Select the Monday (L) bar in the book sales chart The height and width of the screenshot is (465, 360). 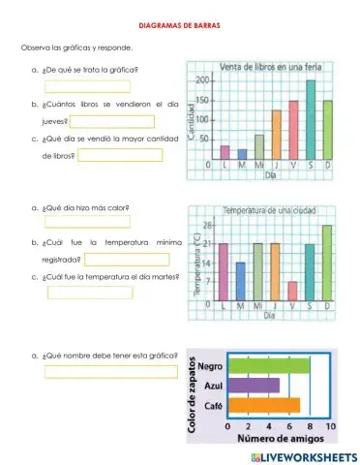(225, 152)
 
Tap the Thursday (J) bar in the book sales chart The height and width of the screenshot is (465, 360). (276, 136)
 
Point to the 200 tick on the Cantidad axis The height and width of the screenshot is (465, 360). (202, 81)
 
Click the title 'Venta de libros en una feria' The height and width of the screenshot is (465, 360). (268, 66)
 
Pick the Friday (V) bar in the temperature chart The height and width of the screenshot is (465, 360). (292, 291)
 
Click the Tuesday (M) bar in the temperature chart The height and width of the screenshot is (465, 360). (241, 281)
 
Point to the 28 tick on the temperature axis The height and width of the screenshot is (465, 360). (207, 225)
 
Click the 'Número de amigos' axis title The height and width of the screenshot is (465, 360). (281, 439)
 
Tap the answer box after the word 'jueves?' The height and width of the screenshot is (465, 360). (110, 122)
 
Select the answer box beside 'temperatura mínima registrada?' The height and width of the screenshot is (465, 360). (127, 259)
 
